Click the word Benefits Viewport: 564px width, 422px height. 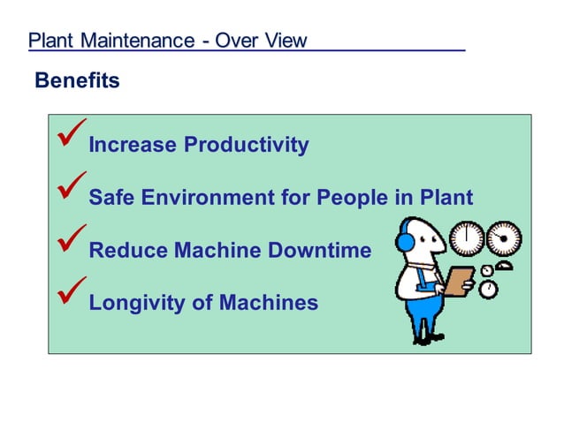77,81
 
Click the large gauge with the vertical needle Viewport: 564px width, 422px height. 466,239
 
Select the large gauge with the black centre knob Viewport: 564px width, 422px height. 504,238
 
